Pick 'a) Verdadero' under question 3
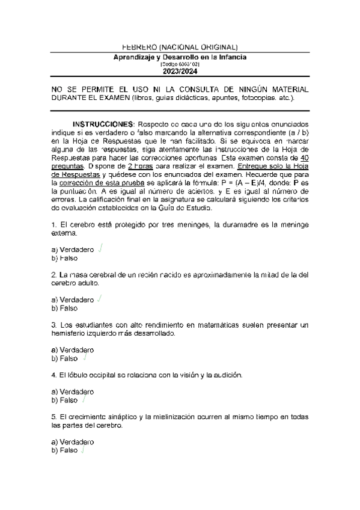coord(73,349)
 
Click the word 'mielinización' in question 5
coord(171,417)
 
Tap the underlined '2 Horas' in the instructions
coord(161,164)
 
